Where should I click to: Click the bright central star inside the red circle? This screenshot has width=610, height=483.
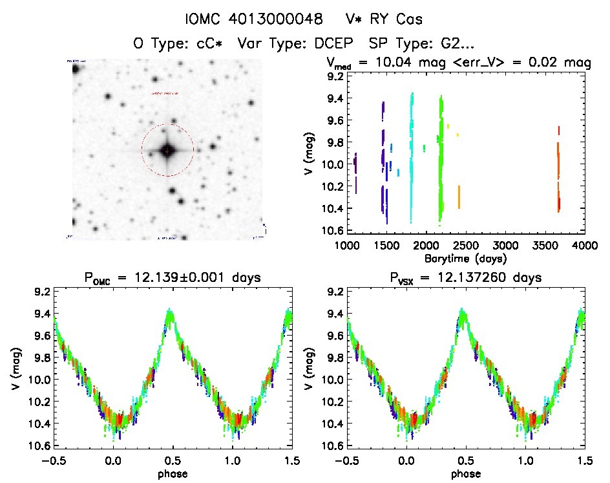(x=167, y=151)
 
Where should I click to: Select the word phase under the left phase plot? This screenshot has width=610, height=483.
(x=172, y=473)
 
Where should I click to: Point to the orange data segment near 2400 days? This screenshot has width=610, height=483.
(x=459, y=196)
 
